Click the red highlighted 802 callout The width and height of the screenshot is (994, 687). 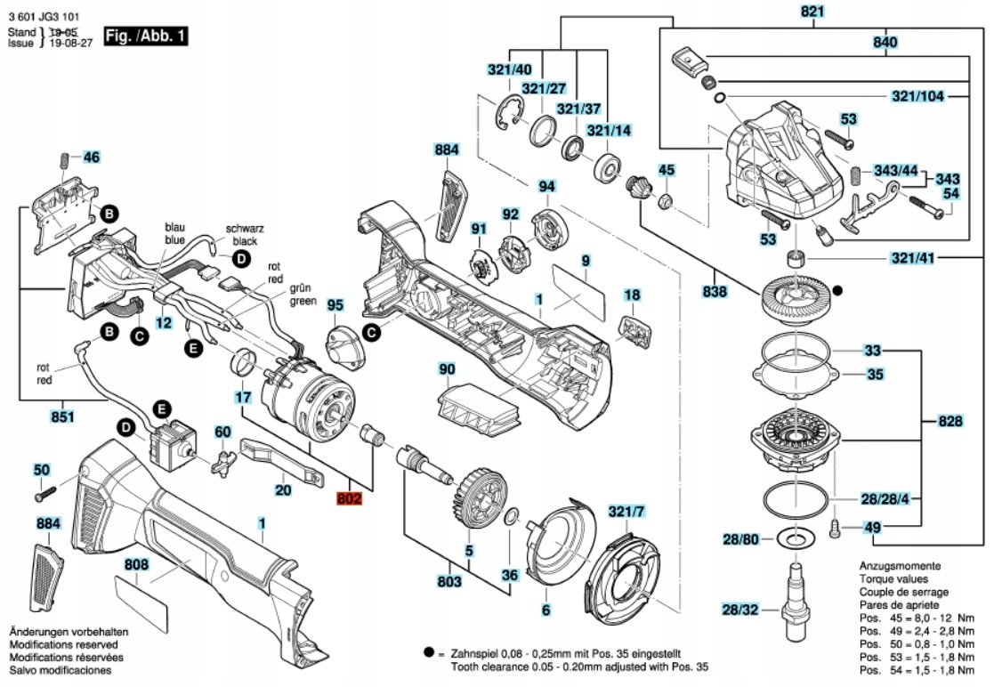(x=350, y=499)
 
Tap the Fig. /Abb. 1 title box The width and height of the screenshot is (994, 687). (x=146, y=37)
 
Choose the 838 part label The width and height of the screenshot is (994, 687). (x=715, y=292)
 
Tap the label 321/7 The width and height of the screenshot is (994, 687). (x=626, y=512)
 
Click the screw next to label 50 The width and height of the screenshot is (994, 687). (x=45, y=489)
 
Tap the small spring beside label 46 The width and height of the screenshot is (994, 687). (x=65, y=162)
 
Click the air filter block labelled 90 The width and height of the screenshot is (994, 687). (x=479, y=404)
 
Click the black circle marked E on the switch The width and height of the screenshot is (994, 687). (x=161, y=409)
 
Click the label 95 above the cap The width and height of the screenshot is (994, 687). (x=335, y=305)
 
